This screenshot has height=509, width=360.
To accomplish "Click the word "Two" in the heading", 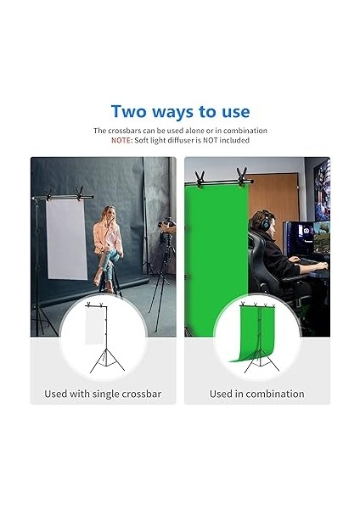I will (x=131, y=112).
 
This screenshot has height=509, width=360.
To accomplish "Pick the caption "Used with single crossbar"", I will (x=103, y=394).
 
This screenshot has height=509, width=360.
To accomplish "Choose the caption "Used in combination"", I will (x=245, y=394).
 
